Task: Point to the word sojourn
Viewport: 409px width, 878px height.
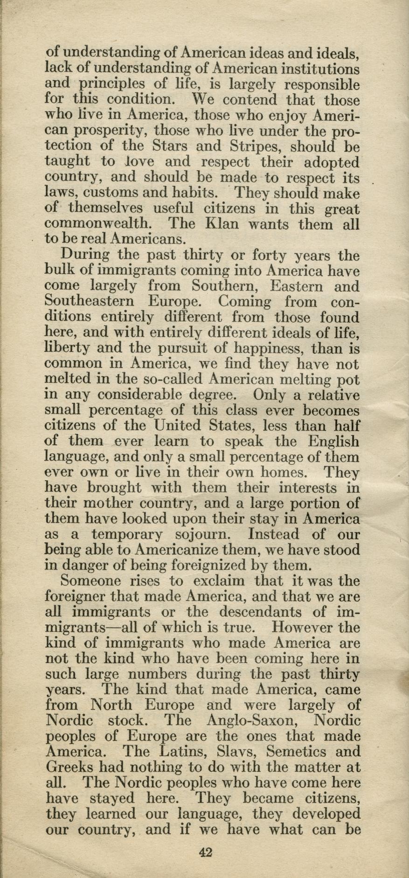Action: tap(205, 534)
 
